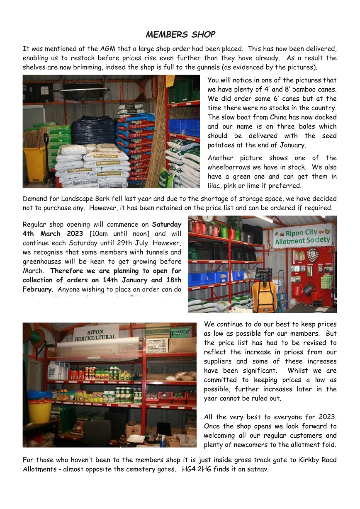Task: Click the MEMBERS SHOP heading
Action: tap(180, 34)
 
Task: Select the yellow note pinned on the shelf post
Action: tap(170, 80)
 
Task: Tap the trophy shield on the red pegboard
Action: tap(313, 254)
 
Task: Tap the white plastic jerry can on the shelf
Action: tap(53, 370)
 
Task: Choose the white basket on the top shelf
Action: tap(157, 345)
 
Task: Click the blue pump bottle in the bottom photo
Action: tap(163, 441)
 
